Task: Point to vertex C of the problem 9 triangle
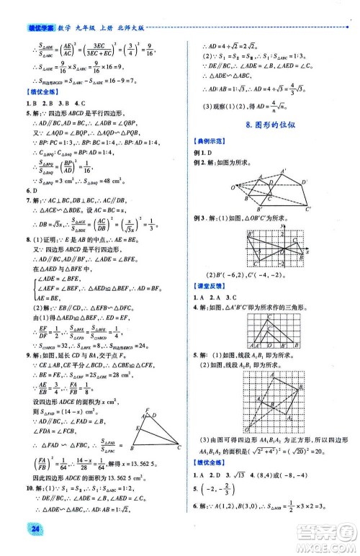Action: coord(178,447)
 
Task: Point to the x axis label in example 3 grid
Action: coord(307,254)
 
